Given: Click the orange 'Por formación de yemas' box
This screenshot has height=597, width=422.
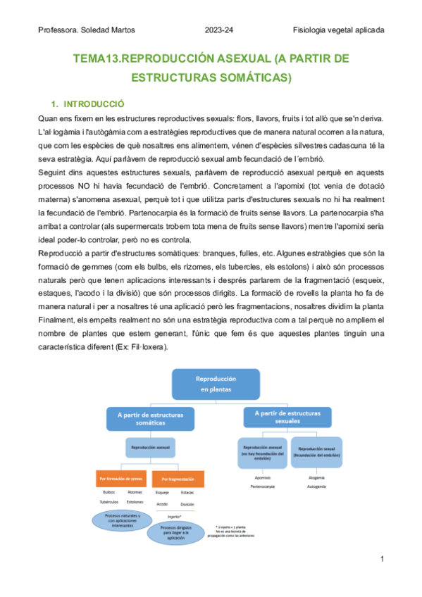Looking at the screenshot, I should pos(122,480).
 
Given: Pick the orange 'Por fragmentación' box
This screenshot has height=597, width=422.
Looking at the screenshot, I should pos(178,480).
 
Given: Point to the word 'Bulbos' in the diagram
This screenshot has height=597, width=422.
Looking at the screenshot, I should pos(108,493).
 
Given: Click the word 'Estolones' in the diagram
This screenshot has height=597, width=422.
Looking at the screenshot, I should pos(135,502).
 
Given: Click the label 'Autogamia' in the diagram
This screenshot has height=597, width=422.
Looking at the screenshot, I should pos(316,486).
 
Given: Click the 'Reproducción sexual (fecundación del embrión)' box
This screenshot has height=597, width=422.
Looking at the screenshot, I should pos(316,452).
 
